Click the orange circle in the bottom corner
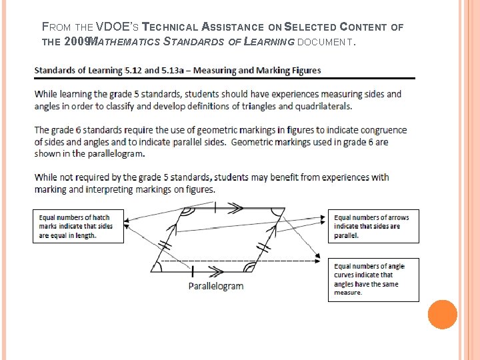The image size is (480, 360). point(443,315)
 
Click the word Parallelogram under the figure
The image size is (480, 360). point(215,286)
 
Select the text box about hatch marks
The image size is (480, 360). point(78,226)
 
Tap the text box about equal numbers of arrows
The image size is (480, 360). point(373,226)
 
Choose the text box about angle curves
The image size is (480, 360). point(373,279)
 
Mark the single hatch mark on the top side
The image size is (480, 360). point(215,208)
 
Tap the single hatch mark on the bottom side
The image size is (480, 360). point(193,271)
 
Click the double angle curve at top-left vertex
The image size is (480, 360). point(188,213)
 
